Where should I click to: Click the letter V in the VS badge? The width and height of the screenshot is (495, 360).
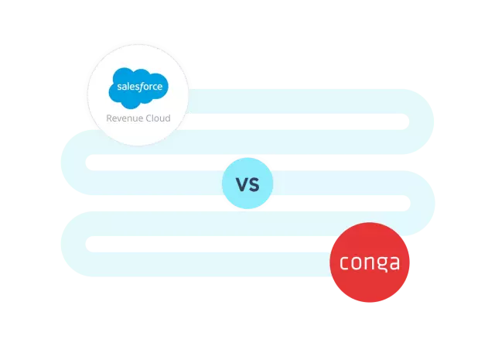click(241, 184)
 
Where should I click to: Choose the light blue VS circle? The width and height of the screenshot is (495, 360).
click(247, 184)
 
